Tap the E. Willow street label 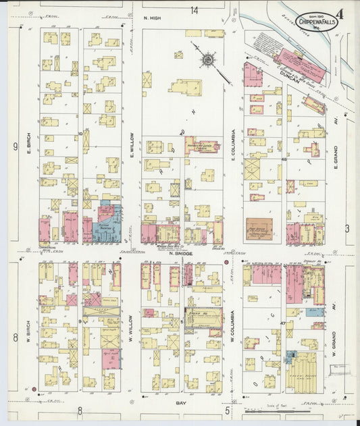pos(132,143)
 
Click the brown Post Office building pos(258,228)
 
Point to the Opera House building pos(203,317)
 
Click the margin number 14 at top pos(195,10)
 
